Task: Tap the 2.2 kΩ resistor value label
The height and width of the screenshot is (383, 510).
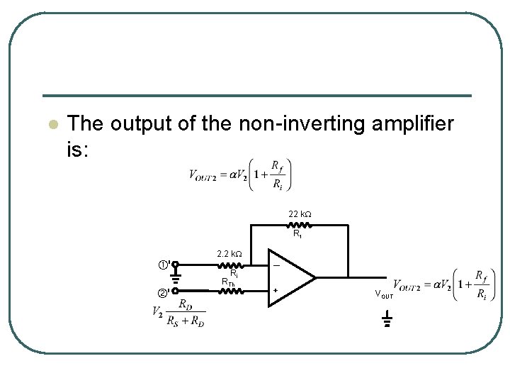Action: pyautogui.click(x=229, y=254)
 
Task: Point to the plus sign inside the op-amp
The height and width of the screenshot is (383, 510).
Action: pyautogui.click(x=276, y=290)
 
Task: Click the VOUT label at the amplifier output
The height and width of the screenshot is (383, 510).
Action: pyautogui.click(x=382, y=294)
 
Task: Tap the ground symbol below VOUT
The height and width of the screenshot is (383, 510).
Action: pyautogui.click(x=387, y=323)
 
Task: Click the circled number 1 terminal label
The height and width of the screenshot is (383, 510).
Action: pyautogui.click(x=163, y=265)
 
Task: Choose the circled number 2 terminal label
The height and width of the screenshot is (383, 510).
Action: pyautogui.click(x=162, y=293)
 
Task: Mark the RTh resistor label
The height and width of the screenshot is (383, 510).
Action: pyautogui.click(x=228, y=282)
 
